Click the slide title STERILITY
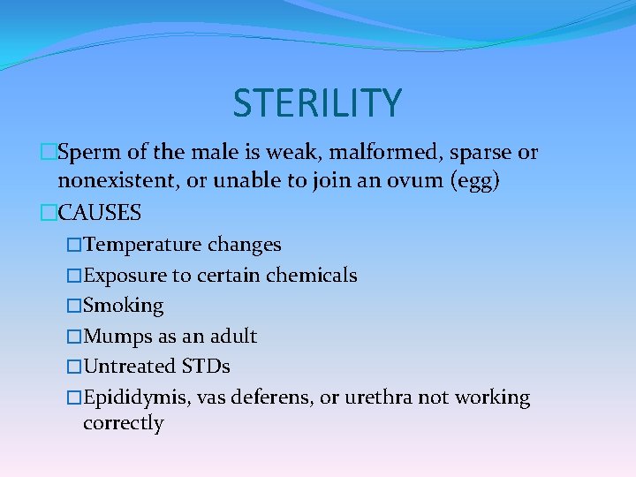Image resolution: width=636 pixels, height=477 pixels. [x=317, y=102]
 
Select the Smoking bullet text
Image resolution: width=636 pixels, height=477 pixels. [x=123, y=306]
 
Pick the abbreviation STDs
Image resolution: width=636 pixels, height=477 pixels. [x=206, y=367]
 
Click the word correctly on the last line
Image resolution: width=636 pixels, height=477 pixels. [x=123, y=424]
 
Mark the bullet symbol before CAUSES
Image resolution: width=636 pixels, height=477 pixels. [x=49, y=213]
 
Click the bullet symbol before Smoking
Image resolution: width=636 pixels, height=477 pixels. [x=73, y=306]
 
